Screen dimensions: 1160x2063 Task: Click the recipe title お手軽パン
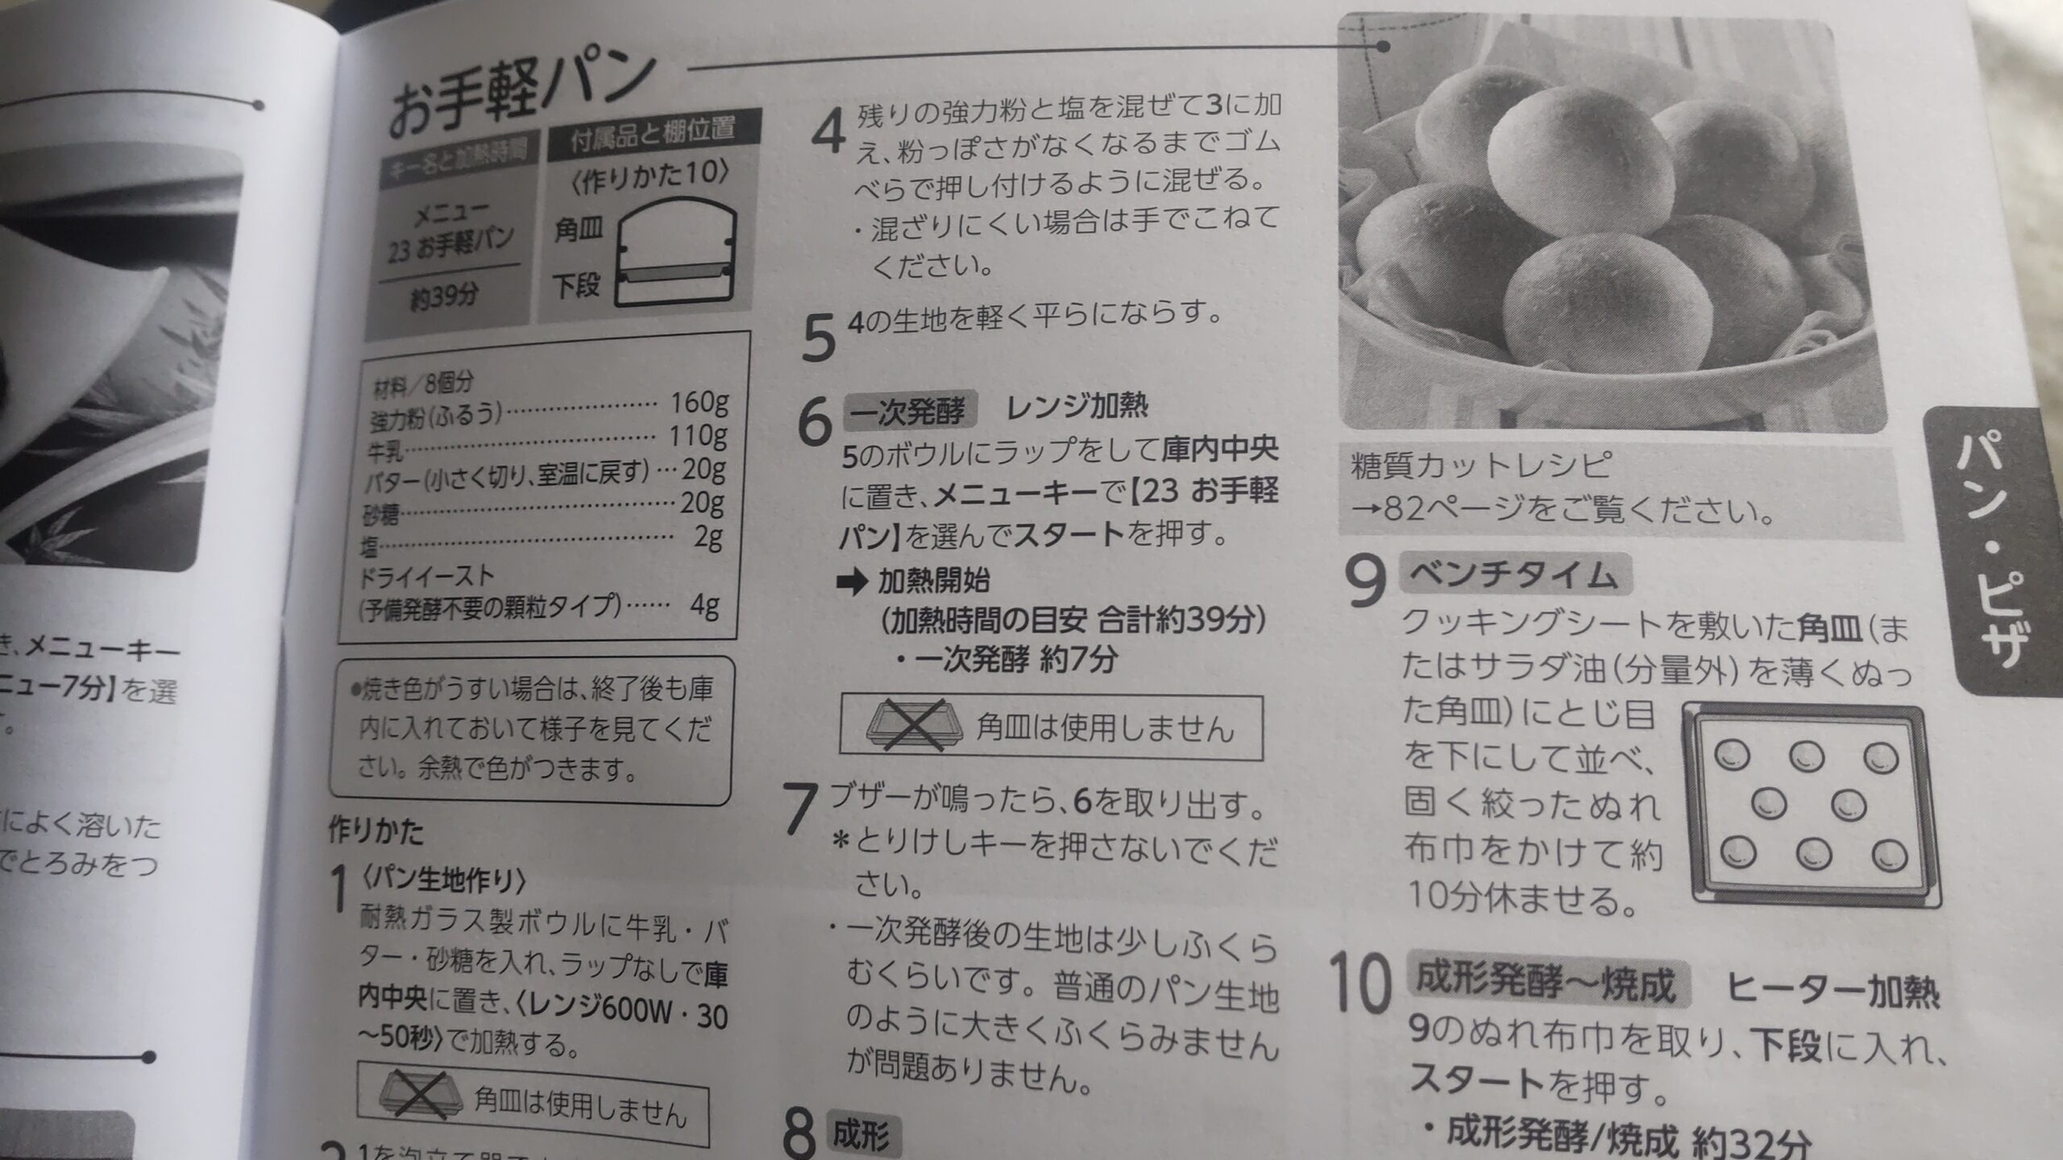(x=520, y=94)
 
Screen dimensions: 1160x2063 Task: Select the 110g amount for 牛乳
(x=698, y=436)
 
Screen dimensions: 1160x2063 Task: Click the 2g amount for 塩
(x=708, y=537)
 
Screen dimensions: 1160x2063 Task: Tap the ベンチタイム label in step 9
(x=1513, y=575)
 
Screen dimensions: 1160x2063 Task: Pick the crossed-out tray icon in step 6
(x=913, y=727)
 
